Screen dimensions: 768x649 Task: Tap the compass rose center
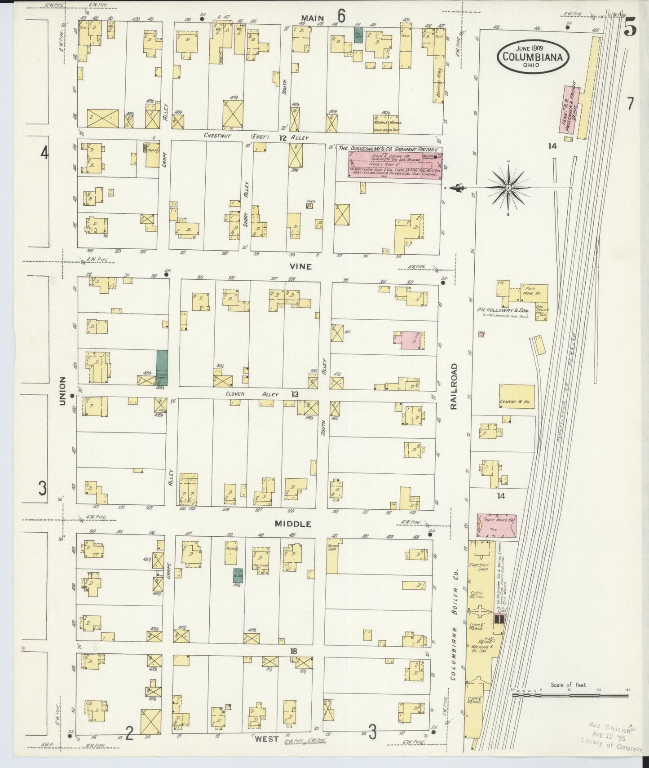508,187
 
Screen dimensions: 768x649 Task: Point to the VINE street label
300,266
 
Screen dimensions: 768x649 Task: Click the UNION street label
62,391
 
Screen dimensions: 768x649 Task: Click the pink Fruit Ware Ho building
496,526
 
